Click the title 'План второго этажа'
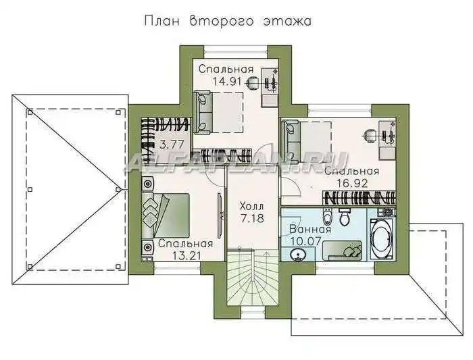point(228,21)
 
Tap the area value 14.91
point(227,82)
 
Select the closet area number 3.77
point(172,145)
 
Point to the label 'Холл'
point(251,207)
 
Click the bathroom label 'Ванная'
point(310,229)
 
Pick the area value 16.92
point(352,183)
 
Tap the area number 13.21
point(186,256)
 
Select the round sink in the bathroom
point(298,255)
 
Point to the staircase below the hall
point(252,277)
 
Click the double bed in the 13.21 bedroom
point(165,215)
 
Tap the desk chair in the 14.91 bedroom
point(252,82)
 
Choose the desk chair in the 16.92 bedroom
point(370,135)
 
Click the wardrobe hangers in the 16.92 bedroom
point(359,198)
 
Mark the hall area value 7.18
point(252,219)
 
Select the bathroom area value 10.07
point(305,242)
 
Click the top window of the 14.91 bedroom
point(236,52)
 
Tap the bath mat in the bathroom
point(342,251)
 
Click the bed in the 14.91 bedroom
point(218,113)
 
